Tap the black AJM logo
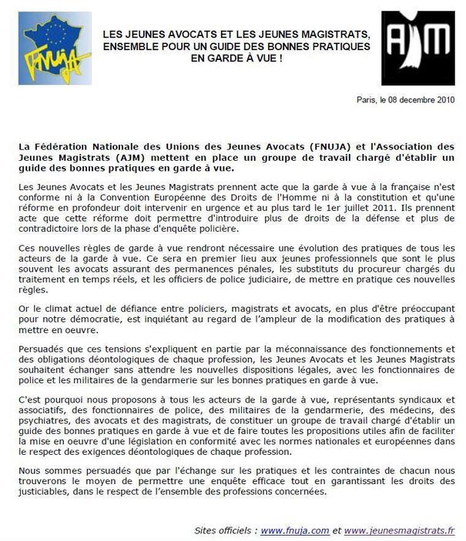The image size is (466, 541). coord(417,48)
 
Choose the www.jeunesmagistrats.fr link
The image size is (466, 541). coord(399,531)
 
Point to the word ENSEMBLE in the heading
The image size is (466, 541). coord(136,46)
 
